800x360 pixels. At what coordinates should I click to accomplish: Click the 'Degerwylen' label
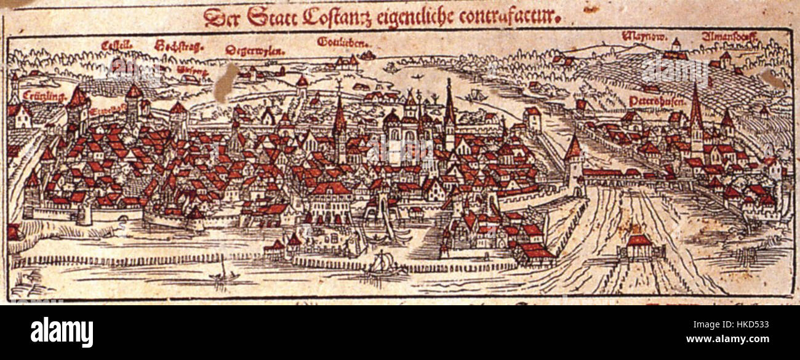251,50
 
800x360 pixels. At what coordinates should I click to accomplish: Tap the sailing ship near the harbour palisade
383,263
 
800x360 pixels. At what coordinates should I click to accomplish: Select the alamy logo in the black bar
62,332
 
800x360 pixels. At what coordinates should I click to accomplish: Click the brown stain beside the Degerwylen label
225,82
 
